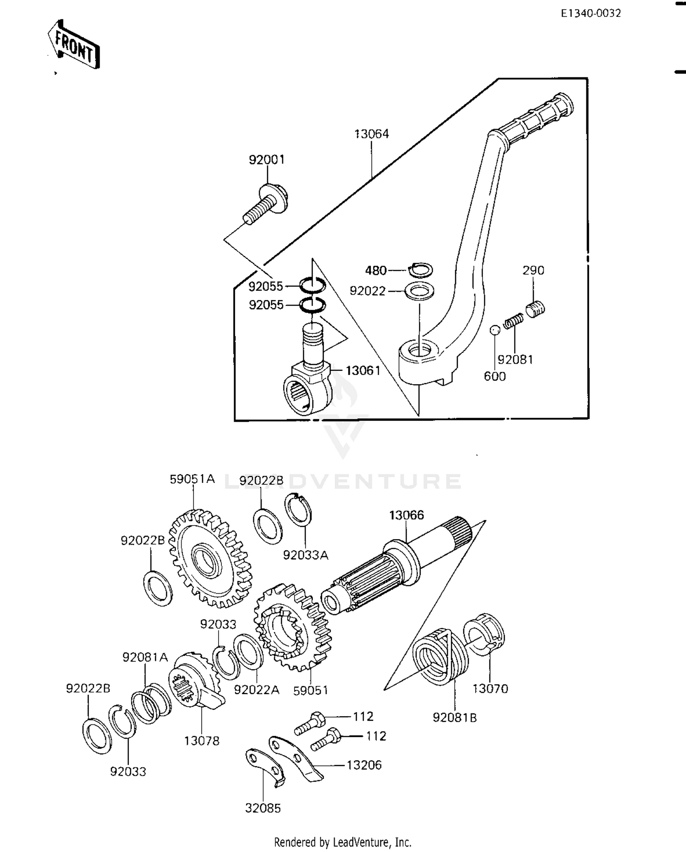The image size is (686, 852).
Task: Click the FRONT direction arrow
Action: pos(74,44)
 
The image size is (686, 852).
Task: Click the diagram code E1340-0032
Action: pos(591,13)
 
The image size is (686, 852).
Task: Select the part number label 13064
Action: pos(371,134)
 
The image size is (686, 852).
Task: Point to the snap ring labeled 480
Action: pos(420,270)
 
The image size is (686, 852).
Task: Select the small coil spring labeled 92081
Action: pos(514,321)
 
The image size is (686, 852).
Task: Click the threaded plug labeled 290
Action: pos(535,309)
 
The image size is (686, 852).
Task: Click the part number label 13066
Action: pos(406,515)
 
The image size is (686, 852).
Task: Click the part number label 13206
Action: pos(364,765)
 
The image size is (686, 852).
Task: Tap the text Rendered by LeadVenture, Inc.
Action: pos(343,842)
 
